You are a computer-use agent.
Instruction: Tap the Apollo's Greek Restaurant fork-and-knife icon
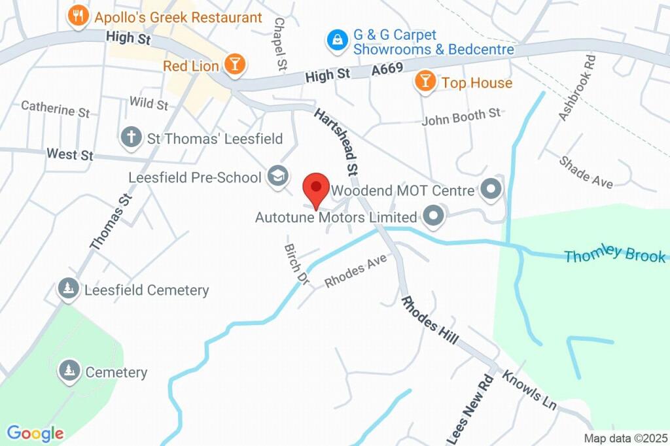(79, 16)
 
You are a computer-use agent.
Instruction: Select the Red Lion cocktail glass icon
(234, 65)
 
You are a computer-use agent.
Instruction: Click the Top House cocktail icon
(425, 82)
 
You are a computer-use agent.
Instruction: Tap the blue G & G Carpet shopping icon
(337, 40)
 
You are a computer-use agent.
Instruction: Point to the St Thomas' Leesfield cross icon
(132, 138)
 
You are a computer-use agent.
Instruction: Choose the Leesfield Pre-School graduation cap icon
(278, 176)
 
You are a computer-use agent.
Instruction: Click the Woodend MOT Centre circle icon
(490, 190)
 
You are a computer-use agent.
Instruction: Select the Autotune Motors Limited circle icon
(432, 216)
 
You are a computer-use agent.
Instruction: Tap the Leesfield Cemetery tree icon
(68, 289)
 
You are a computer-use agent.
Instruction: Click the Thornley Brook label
(614, 255)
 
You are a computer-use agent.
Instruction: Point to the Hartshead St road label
(338, 143)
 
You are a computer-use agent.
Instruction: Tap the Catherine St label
(56, 109)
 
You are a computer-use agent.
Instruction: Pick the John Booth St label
(461, 118)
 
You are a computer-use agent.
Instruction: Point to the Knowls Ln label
(529, 390)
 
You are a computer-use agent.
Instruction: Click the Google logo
(35, 433)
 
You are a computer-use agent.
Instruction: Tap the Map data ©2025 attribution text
(625, 438)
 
